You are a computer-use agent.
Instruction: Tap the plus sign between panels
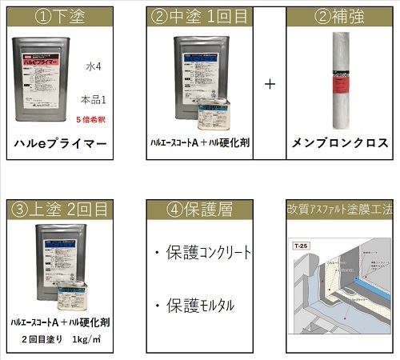coord(270,85)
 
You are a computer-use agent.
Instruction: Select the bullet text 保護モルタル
coord(202,305)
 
